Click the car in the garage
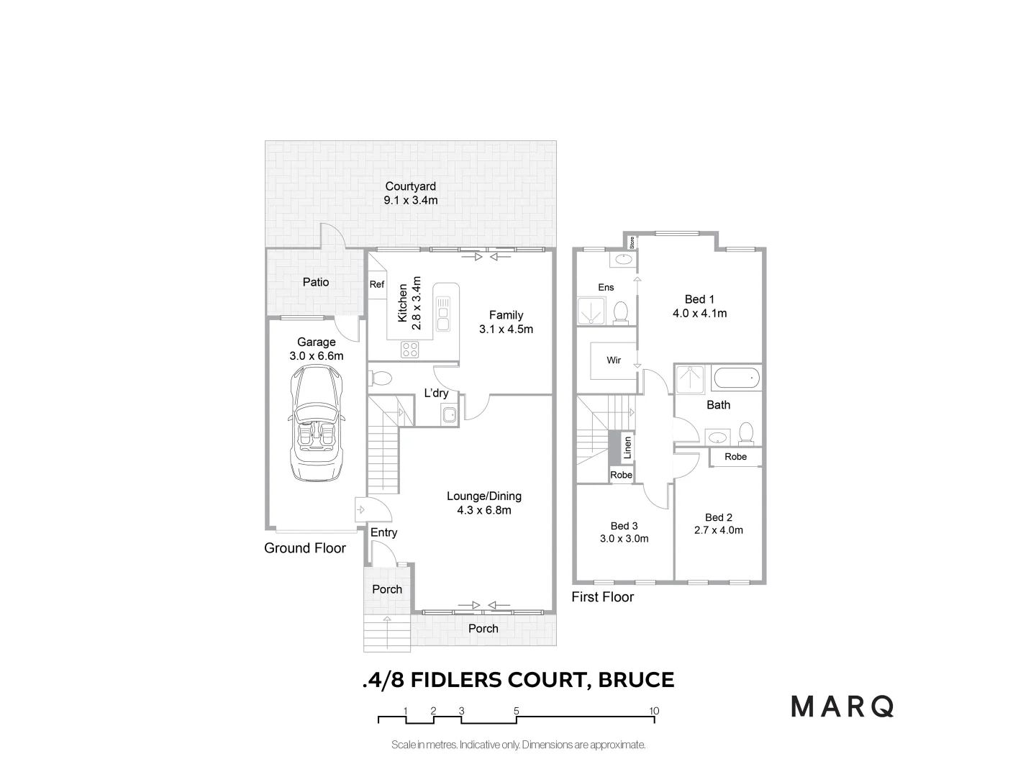tap(317, 424)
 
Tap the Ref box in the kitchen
tap(377, 285)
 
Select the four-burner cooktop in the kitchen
tap(410, 350)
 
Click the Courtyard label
tap(410, 186)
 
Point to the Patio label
tap(316, 282)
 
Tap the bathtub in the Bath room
tap(735, 378)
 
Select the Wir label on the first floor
tap(614, 360)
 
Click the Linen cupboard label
tap(627, 447)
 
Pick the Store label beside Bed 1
tap(632, 242)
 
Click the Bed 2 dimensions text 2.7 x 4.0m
tap(719, 530)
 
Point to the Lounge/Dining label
tap(484, 496)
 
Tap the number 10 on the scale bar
tap(654, 711)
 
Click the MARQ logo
tap(842, 706)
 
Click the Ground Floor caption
tap(305, 548)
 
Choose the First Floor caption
tap(603, 596)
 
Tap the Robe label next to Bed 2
tap(735, 457)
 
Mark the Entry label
tap(383, 532)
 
